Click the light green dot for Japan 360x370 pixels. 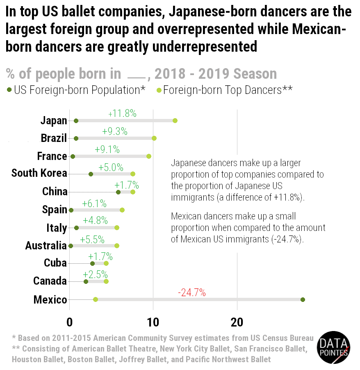pos(175,121)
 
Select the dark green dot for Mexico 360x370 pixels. pos(303,299)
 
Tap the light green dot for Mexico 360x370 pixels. pos(96,299)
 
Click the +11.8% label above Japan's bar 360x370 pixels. pos(122,114)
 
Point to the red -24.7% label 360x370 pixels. pos(192,293)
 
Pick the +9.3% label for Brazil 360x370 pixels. pos(115,132)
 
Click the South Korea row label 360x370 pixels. pos(39,173)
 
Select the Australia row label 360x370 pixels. pos(46,245)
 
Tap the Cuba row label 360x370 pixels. pos(55,263)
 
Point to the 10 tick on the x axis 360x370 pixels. pos(153,322)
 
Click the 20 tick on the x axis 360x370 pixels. pos(237,322)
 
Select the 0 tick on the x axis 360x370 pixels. pos(70,322)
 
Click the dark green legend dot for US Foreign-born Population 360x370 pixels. pos(9,90)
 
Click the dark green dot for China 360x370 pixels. pos(118,192)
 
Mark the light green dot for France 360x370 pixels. pos(149,156)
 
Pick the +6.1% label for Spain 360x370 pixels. pos(94,203)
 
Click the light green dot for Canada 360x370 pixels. pos(106,281)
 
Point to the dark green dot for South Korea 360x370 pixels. pos(91,174)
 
